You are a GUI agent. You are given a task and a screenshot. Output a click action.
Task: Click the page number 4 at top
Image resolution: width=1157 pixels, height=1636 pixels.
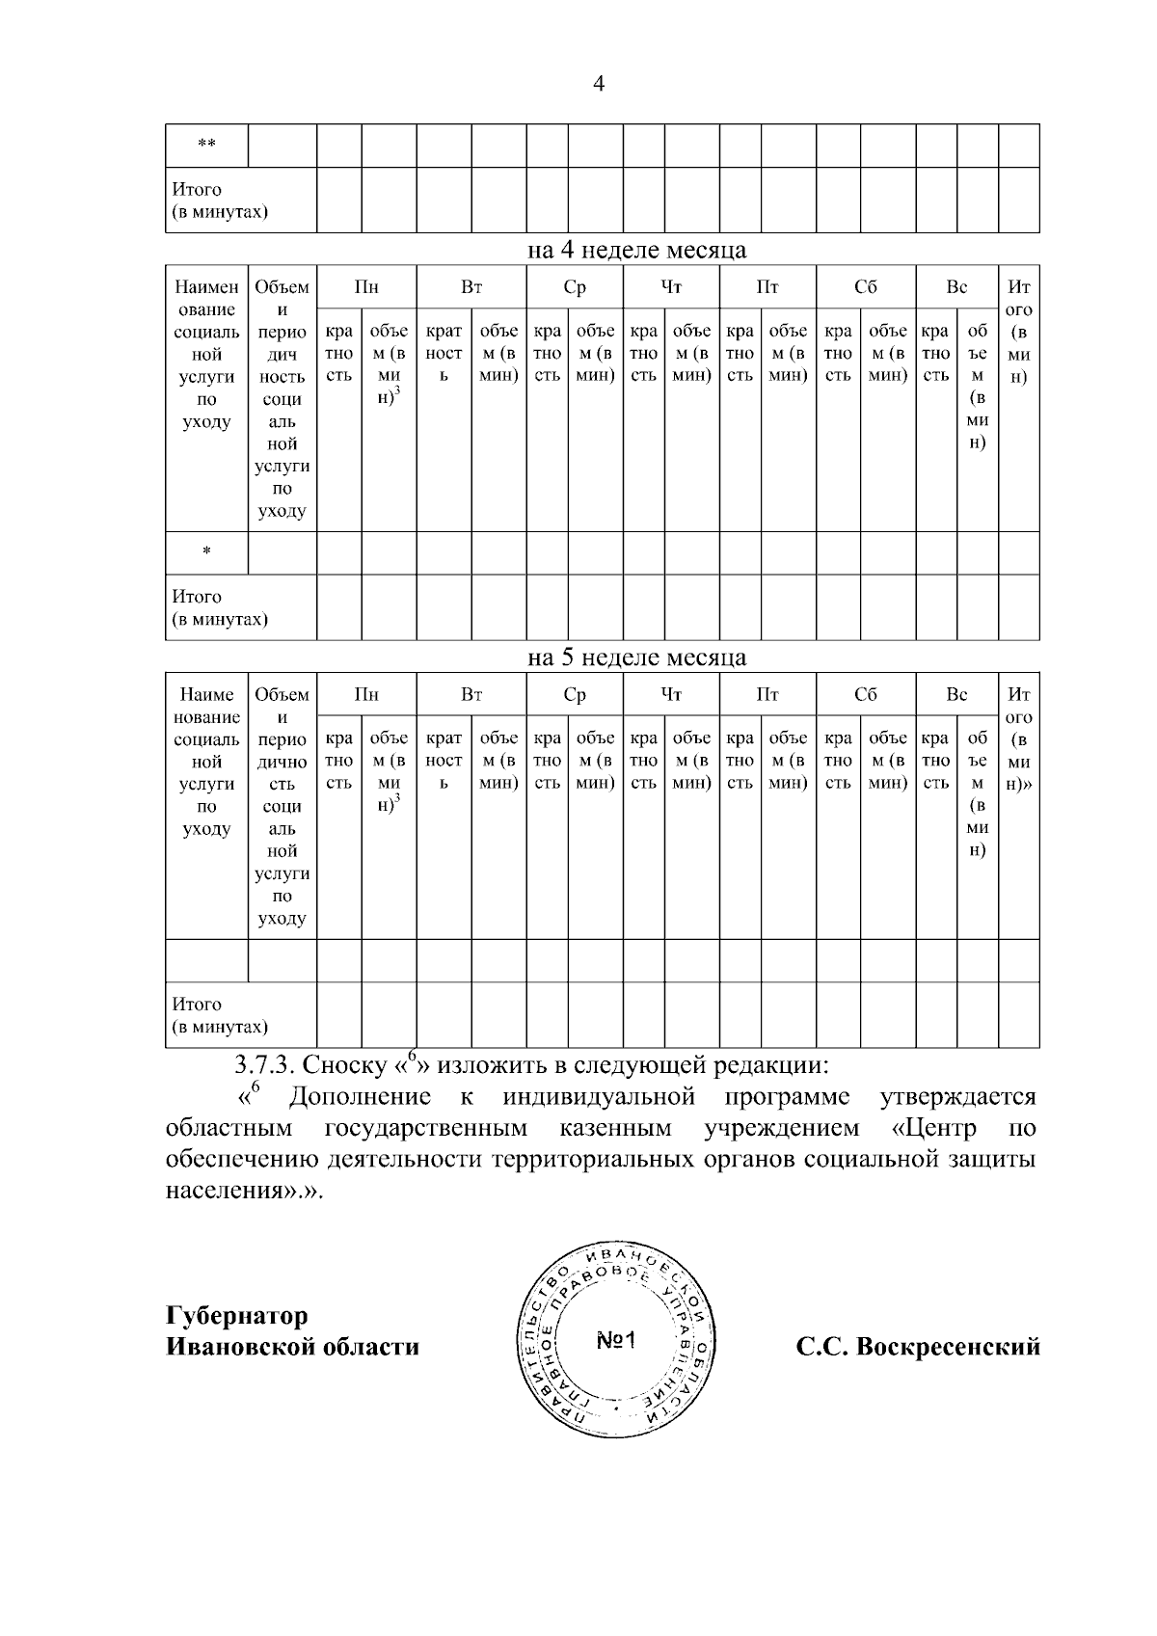598,85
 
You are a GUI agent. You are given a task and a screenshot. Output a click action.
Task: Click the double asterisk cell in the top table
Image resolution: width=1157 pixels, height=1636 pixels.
206,146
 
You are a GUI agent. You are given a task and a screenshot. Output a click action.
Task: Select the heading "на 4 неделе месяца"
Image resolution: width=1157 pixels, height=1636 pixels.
636,251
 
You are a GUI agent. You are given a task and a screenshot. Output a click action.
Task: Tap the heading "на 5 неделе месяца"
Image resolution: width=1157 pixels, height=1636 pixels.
636,658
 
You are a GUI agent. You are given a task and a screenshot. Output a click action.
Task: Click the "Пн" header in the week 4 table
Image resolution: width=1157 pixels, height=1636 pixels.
366,286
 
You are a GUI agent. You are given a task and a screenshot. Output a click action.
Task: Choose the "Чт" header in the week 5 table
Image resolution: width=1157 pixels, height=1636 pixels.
672,694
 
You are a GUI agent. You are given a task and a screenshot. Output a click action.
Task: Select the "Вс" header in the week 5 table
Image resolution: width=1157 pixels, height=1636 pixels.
956,694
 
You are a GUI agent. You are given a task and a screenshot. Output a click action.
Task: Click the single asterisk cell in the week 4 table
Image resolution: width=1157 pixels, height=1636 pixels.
206,553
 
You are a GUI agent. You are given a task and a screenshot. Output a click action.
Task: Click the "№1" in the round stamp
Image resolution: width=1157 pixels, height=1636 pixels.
616,1341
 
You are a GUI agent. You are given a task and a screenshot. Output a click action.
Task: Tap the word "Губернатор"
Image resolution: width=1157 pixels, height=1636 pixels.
237,1316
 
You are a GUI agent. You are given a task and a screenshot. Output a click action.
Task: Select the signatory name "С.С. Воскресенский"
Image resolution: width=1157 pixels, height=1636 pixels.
918,1347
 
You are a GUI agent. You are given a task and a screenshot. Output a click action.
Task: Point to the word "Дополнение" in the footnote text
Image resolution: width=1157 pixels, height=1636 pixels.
360,1097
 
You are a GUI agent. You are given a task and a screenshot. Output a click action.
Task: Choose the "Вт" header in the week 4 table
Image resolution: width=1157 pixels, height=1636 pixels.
471,286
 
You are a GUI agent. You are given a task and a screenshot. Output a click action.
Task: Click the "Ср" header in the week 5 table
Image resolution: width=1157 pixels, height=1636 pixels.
575,694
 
